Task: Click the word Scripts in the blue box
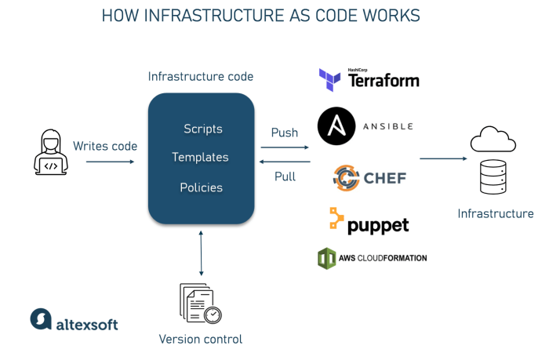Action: pos(202,129)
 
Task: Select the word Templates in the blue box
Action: pos(200,158)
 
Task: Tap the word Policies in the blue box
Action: pos(201,187)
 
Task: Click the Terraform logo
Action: pos(369,80)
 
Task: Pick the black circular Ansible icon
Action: pos(336,125)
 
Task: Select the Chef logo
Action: pos(369,178)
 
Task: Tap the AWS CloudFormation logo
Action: pos(372,258)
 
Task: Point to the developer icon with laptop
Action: pos(50,152)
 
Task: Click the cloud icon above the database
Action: pos(493,140)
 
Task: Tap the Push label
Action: pos(285,133)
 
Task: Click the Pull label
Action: pos(285,176)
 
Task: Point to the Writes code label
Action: pos(105,146)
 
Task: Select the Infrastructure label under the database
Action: pos(495,213)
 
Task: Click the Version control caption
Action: pos(200,339)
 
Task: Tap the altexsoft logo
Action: pos(74,320)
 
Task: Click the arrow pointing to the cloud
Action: pos(443,158)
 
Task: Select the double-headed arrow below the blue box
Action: pos(202,253)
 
